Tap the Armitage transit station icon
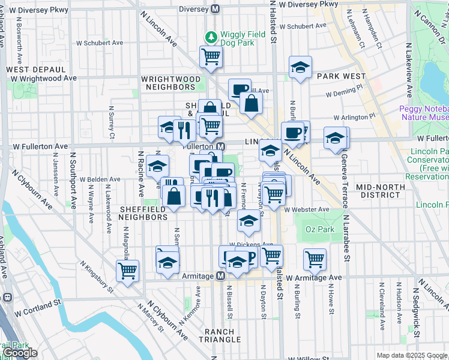tap(220, 275)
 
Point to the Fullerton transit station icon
tap(221, 146)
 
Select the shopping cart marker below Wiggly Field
tap(211, 57)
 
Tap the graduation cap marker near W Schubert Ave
tap(300, 67)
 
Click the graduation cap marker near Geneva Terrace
tap(335, 139)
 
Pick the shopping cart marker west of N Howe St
tap(315, 259)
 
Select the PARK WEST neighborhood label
tap(342, 76)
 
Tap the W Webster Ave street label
tap(307, 209)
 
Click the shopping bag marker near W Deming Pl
tap(251, 103)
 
